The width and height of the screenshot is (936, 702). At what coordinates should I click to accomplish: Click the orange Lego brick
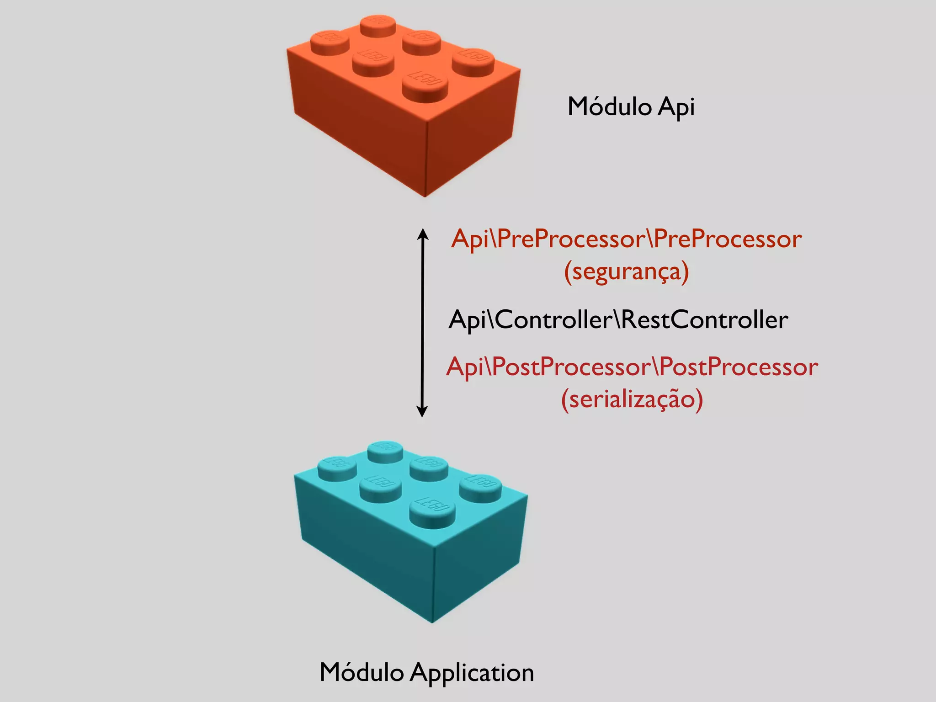coord(402,114)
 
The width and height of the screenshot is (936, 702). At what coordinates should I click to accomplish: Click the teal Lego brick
coord(410,539)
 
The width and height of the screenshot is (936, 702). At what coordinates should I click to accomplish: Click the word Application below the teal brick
coord(472,673)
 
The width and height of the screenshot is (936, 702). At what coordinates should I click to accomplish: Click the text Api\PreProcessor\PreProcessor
coord(626,239)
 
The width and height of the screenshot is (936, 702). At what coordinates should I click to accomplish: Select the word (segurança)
coord(626,271)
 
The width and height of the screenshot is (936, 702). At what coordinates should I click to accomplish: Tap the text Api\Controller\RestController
coord(618,319)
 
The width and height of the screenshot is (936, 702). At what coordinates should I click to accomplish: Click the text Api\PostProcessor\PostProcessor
coord(632,367)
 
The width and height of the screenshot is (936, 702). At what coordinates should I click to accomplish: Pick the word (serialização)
coord(632,399)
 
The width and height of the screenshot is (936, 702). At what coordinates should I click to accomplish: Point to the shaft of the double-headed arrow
coord(423,322)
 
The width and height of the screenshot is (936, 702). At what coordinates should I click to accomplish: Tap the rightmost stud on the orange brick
coord(473,61)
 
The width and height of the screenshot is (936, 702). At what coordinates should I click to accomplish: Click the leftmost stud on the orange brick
coord(330,43)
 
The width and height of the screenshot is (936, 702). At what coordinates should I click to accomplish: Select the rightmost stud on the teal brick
coord(480,488)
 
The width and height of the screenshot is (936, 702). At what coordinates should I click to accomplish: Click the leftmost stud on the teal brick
coord(337,468)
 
